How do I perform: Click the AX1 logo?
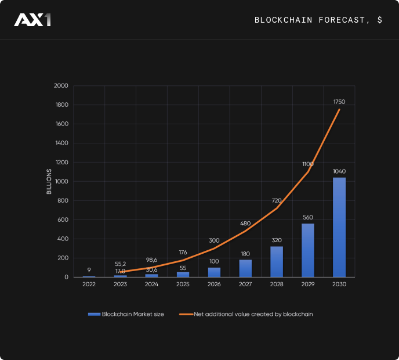[x=32, y=20]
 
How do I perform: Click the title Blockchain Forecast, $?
[x=318, y=20]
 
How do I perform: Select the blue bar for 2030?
[x=339, y=227]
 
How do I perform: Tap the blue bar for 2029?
[x=308, y=250]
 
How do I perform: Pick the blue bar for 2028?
[x=277, y=262]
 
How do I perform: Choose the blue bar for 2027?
[x=245, y=268]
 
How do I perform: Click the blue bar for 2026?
[x=214, y=272]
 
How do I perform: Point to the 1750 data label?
[x=339, y=102]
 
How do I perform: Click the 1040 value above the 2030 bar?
[x=339, y=171]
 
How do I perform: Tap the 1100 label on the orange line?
[x=308, y=164]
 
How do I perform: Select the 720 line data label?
[x=277, y=200]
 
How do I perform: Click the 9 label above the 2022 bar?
[x=89, y=269]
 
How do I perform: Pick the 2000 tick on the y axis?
[x=61, y=86]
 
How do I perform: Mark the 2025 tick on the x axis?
[x=183, y=285]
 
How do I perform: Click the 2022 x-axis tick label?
[x=89, y=285]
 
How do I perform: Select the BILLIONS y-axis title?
[x=49, y=181]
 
